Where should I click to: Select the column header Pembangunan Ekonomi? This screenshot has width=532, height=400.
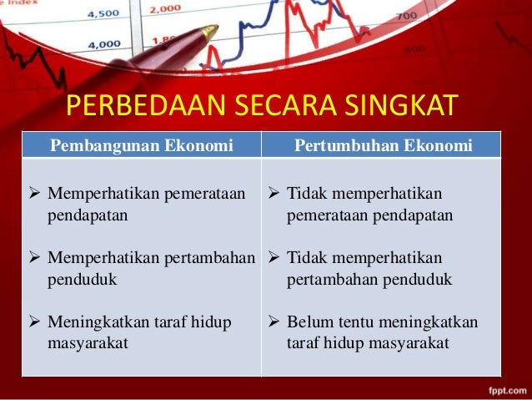[142, 146]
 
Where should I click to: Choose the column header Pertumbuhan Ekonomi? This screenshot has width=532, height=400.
[384, 146]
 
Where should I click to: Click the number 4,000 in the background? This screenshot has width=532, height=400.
[103, 43]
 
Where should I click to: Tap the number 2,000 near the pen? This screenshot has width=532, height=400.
[167, 8]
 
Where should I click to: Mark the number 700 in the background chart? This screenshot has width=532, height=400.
[407, 16]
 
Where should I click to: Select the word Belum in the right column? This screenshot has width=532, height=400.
[309, 322]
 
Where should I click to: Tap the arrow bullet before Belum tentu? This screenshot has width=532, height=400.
[275, 322]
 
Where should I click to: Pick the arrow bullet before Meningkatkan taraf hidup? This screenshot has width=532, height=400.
[36, 322]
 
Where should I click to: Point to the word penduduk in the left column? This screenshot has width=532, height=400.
[82, 279]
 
